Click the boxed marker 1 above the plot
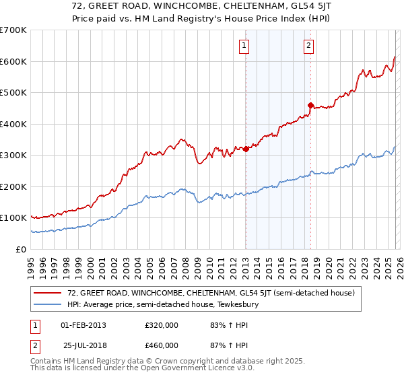[x=243, y=46]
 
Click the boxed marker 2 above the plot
[x=308, y=46]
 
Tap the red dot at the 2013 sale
[x=246, y=149]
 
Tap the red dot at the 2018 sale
[x=310, y=105]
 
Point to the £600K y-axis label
[x=13, y=61]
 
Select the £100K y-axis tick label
[x=13, y=218]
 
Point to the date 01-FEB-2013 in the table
[x=83, y=324]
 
